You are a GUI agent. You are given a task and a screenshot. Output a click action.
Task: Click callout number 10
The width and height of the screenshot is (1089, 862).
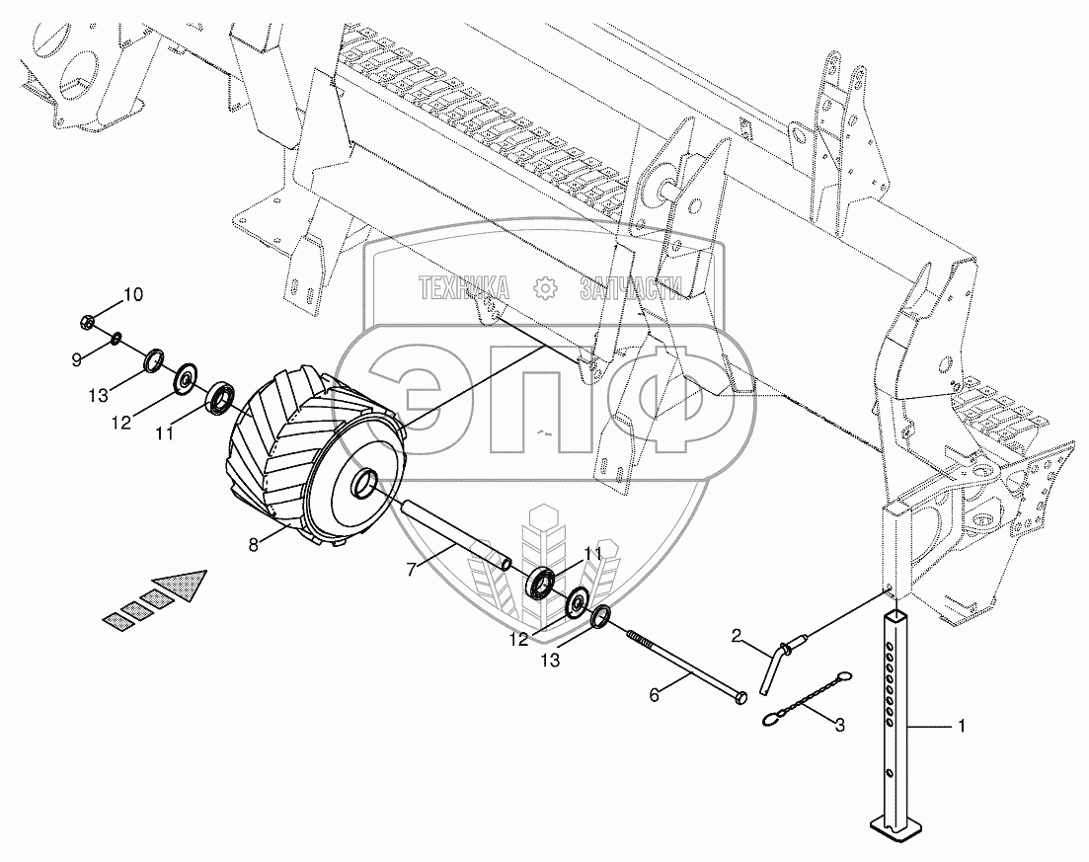133,295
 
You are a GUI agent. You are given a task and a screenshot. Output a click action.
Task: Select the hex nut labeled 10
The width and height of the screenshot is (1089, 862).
88,322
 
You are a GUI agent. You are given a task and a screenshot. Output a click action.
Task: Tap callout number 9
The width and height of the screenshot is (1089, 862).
76,359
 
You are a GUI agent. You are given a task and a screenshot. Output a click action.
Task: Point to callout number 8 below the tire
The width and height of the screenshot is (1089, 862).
254,545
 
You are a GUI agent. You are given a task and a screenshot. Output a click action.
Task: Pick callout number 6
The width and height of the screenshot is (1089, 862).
654,694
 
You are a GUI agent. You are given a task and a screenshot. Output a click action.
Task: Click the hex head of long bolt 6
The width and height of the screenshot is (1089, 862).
740,697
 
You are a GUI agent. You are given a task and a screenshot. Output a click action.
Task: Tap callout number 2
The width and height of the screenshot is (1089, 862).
737,635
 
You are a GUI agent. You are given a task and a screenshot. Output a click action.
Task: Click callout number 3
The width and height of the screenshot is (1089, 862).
839,726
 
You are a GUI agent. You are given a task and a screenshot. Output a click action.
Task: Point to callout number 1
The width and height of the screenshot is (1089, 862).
962,726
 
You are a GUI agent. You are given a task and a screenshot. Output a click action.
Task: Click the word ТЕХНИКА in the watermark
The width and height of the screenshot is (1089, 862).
463,287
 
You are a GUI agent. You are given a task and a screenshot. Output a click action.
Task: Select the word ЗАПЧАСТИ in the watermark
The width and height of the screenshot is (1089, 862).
630,287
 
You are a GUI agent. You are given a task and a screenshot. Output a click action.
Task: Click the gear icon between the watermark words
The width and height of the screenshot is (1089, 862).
545,287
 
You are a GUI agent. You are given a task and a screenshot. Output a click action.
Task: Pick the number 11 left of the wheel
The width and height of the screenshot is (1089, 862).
164,434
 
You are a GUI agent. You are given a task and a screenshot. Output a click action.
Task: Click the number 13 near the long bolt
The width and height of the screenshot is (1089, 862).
550,662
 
